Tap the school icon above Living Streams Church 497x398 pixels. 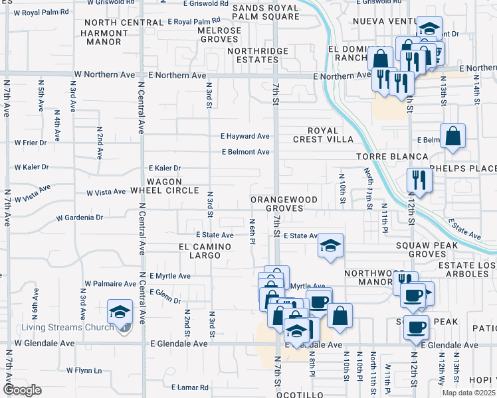(x=119, y=311)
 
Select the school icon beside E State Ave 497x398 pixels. (x=330, y=245)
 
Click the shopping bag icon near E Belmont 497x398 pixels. (x=452, y=137)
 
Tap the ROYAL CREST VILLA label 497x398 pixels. (x=323, y=135)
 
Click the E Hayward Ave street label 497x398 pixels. (x=245, y=136)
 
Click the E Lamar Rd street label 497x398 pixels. (x=190, y=387)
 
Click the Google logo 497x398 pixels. (x=22, y=390)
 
